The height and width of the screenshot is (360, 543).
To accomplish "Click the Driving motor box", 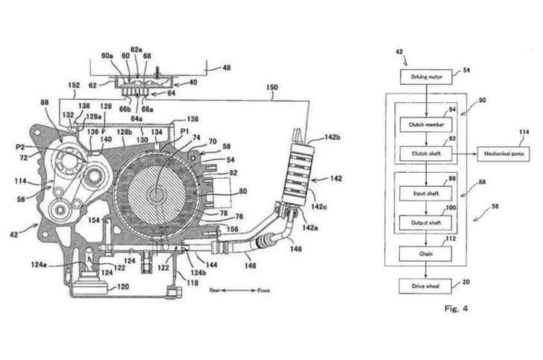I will (x=425, y=77).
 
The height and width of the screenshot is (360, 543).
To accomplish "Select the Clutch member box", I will (x=426, y=125).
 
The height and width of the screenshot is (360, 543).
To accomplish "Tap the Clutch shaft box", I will (x=426, y=154).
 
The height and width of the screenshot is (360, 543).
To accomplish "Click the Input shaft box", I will (x=426, y=194).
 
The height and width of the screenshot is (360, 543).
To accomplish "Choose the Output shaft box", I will (x=426, y=222).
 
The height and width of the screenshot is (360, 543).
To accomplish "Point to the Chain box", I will (x=426, y=254).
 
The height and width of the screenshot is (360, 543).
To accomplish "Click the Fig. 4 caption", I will (x=456, y=307).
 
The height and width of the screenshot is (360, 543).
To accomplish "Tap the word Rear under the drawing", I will (x=216, y=289).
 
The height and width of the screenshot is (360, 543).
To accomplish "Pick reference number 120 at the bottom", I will (x=123, y=286).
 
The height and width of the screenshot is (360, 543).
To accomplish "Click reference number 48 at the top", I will (x=227, y=68).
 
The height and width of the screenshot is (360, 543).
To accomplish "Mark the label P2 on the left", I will (x=20, y=148).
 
